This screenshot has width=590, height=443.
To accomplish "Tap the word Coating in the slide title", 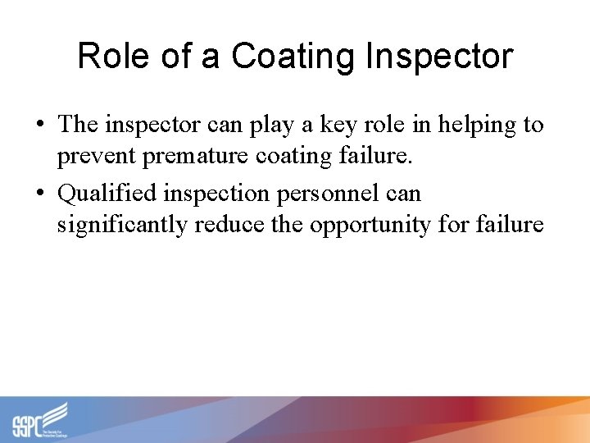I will [291, 57].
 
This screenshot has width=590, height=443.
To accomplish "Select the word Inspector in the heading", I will [438, 57].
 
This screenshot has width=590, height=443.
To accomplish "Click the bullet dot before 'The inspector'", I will [40, 125].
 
